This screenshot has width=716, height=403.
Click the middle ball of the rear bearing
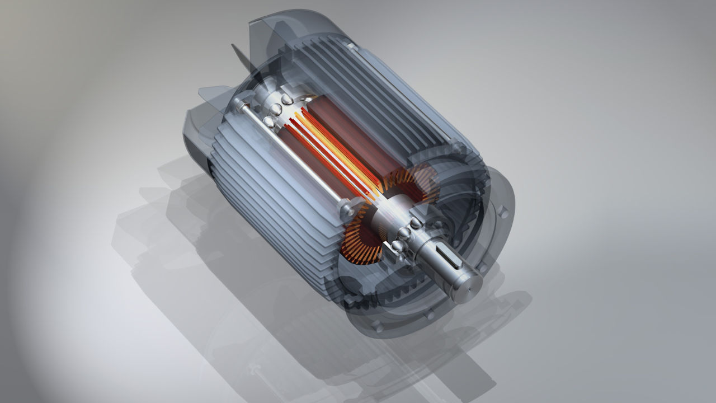[x=275, y=110]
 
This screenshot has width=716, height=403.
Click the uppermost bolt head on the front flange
[x=502, y=212]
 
